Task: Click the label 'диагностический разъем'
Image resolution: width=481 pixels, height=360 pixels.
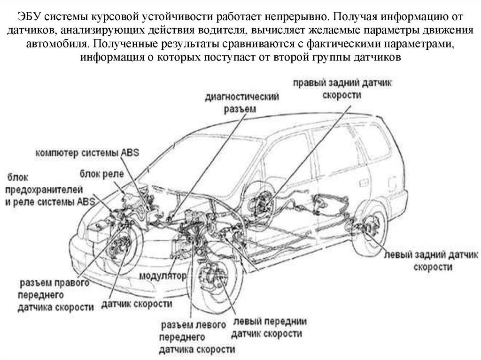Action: pos(242,103)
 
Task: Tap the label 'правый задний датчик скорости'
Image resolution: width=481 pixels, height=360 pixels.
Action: pos(342,89)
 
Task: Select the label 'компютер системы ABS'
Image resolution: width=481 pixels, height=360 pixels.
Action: pos(87,153)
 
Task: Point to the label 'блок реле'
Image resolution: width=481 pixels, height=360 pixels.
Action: pos(101,174)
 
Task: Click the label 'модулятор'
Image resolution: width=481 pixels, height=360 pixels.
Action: pos(163,276)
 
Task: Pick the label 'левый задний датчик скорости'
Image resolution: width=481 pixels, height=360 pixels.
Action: pos(431,260)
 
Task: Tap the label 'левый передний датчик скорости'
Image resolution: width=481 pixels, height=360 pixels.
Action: pos(269,328)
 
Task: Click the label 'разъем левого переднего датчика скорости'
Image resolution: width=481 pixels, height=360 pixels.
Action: pos(197,337)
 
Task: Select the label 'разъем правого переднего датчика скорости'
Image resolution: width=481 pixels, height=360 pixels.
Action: pos(55,295)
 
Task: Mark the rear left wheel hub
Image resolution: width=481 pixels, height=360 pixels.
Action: pos(366,229)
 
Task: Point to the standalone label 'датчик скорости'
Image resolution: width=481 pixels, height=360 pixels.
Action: pos(137,304)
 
